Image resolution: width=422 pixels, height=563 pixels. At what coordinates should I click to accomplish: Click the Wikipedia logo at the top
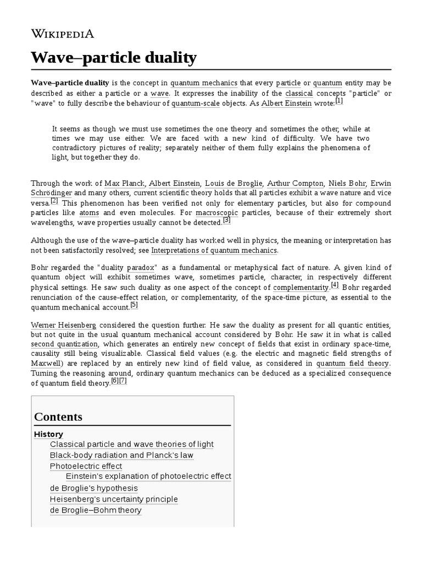tap(62, 34)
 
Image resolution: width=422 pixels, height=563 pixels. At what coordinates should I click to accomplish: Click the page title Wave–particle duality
tap(113, 57)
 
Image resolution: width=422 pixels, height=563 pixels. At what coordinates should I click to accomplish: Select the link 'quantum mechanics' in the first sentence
tap(203, 83)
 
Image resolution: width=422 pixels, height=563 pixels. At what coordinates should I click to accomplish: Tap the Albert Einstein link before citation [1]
tap(286, 103)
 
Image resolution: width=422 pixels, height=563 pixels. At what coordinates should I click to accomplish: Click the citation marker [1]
tap(339, 101)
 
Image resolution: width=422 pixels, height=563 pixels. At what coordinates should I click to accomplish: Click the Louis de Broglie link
tap(234, 183)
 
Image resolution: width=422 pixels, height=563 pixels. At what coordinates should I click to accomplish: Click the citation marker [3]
tap(227, 221)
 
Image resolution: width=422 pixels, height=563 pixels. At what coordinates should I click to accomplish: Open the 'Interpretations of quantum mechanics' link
tap(214, 251)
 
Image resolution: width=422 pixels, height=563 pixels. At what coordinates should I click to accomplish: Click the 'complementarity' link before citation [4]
tap(301, 288)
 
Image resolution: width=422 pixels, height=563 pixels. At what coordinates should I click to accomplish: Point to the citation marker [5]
tap(134, 306)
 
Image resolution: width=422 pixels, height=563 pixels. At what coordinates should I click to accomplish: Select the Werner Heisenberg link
tap(63, 326)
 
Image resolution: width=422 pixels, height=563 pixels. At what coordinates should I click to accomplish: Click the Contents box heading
tap(58, 417)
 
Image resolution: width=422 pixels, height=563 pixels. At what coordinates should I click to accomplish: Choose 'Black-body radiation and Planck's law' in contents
tap(121, 455)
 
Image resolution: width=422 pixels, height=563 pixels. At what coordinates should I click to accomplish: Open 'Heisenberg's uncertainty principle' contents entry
tap(114, 499)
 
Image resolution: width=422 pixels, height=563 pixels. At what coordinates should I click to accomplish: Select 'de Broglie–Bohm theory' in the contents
tap(96, 510)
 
